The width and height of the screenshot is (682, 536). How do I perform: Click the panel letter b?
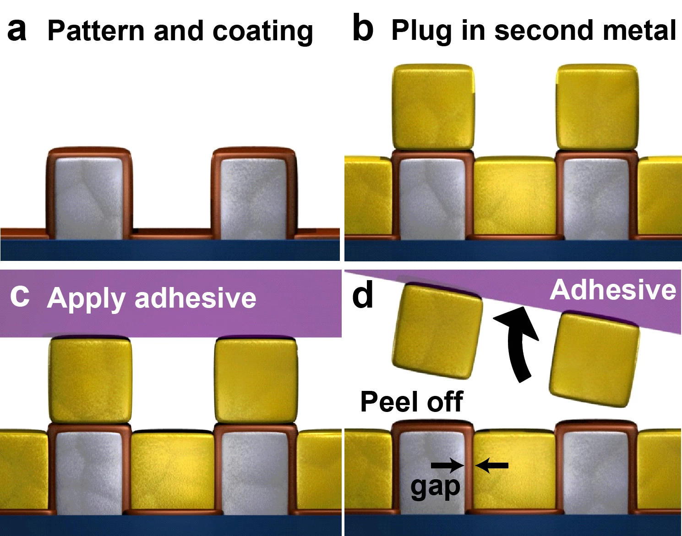(x=363, y=29)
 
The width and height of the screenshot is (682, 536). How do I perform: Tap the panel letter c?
(x=20, y=296)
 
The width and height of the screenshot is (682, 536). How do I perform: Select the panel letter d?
(x=363, y=295)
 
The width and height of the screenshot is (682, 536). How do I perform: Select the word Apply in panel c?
(x=86, y=298)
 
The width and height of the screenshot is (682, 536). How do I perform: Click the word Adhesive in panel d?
(x=613, y=290)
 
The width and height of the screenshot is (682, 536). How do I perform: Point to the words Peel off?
(x=411, y=401)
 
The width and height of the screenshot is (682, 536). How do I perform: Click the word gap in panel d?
(x=435, y=487)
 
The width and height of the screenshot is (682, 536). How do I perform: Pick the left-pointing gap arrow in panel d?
(x=492, y=466)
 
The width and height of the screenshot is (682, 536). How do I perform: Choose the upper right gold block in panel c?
(x=256, y=380)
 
